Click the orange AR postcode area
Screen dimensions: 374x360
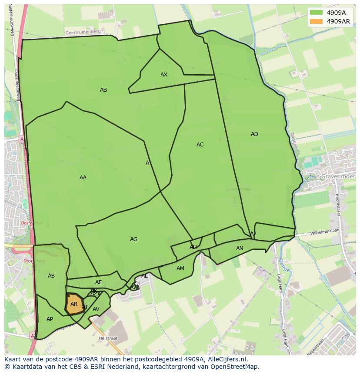pyautogui.click(x=73, y=304)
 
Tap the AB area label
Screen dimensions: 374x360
pyautogui.click(x=103, y=90)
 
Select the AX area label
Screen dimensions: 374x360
pyautogui.click(x=164, y=75)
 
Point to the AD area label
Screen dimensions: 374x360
pyautogui.click(x=254, y=134)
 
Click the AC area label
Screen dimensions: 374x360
pyautogui.click(x=200, y=145)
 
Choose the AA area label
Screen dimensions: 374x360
pyautogui.click(x=83, y=178)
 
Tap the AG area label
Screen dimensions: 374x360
pyautogui.click(x=133, y=239)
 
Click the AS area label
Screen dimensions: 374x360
pyautogui.click(x=51, y=276)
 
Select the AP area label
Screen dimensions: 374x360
pyautogui.click(x=50, y=319)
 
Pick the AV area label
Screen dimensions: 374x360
pyautogui.click(x=96, y=309)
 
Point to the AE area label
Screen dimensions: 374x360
pyautogui.click(x=99, y=282)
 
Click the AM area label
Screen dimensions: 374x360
pyautogui.click(x=180, y=268)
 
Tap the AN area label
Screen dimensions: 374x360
pyautogui.click(x=240, y=248)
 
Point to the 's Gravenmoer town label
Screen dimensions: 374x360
pyautogui.click(x=335, y=177)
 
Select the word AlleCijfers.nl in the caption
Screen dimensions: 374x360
pyautogui.click(x=226, y=359)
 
